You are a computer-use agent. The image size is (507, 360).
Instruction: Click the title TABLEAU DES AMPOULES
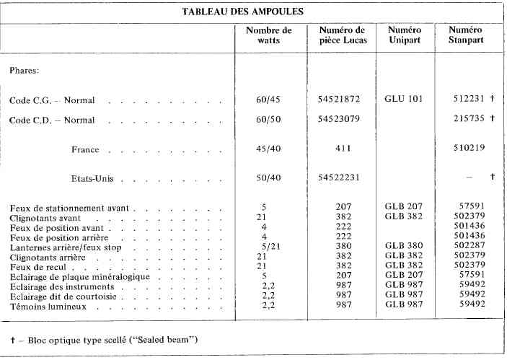(x=253, y=12)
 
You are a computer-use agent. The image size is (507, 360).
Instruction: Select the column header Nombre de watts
(x=269, y=35)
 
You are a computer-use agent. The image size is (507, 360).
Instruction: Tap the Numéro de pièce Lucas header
(x=343, y=35)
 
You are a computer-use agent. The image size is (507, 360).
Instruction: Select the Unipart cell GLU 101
(x=404, y=98)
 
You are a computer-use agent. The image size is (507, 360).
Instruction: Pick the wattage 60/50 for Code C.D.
(x=269, y=118)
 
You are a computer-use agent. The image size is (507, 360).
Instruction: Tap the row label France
(x=85, y=150)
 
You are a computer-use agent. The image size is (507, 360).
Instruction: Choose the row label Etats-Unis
(x=93, y=177)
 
